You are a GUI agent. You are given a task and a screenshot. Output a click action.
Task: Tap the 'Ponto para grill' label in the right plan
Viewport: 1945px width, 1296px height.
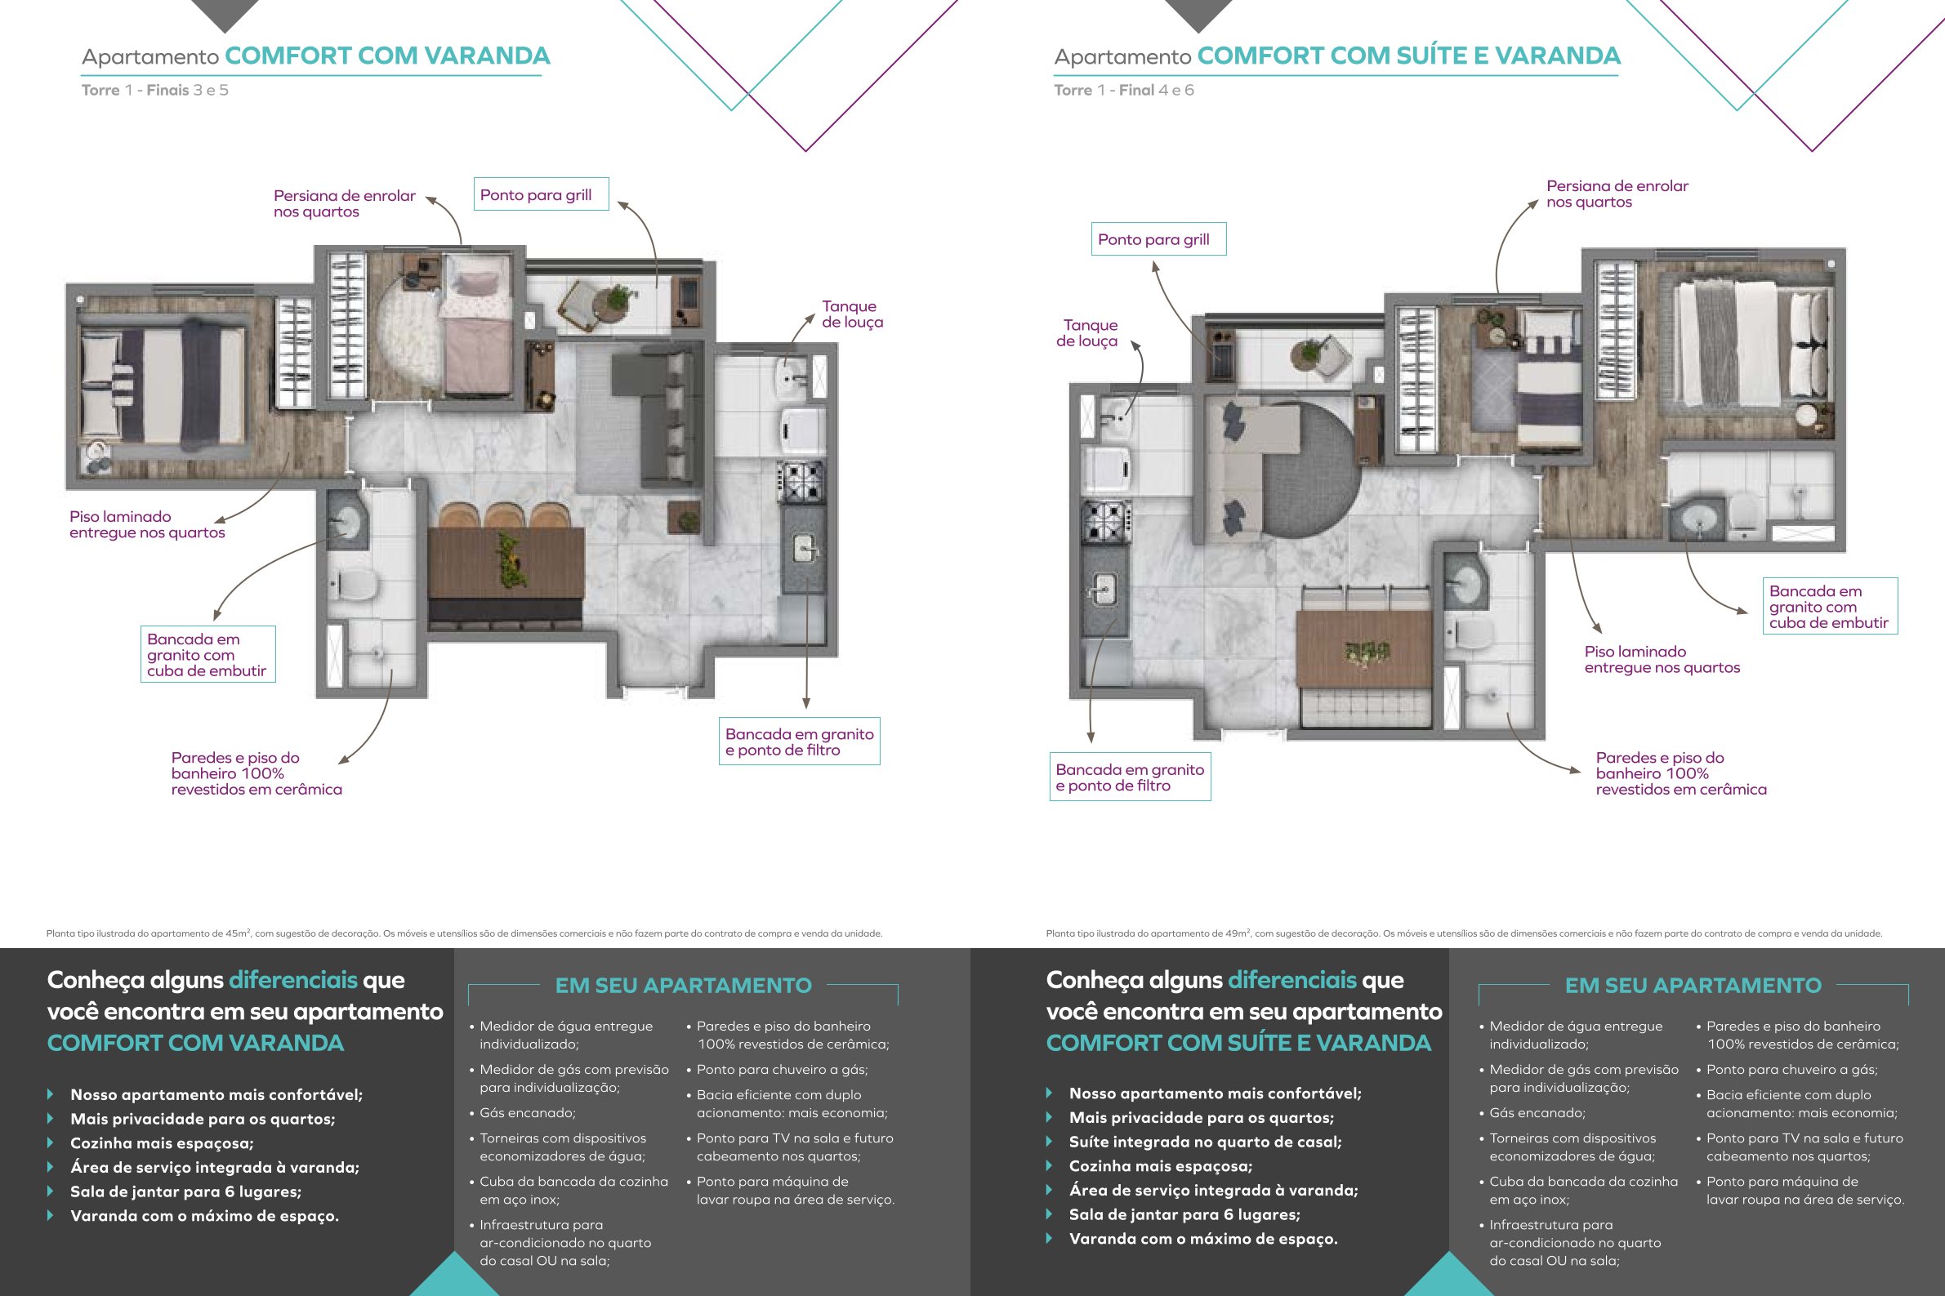pyautogui.click(x=1158, y=239)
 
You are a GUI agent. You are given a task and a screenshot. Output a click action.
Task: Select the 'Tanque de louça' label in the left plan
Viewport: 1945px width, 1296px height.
pyautogui.click(x=852, y=314)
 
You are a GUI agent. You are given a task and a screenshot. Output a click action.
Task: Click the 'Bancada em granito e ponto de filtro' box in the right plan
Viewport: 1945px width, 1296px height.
pyautogui.click(x=1130, y=777)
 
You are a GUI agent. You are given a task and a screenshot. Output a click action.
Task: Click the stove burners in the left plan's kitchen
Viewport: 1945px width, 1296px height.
pyautogui.click(x=802, y=482)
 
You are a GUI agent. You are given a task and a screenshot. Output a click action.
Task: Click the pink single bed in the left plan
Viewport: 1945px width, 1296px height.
pyautogui.click(x=477, y=325)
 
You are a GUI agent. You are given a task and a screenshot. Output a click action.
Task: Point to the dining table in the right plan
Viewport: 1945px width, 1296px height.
pyautogui.click(x=1364, y=649)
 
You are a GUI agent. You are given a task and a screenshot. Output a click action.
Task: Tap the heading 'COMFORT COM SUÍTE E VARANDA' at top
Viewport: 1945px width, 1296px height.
pyautogui.click(x=1408, y=56)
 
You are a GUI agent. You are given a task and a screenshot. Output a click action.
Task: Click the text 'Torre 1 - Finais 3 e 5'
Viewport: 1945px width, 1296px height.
pyautogui.click(x=154, y=90)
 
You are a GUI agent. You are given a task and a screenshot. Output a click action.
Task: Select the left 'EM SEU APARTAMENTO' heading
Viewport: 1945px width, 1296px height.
pyautogui.click(x=683, y=985)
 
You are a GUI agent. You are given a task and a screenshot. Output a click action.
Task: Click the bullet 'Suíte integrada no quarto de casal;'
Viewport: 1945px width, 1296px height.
pyautogui.click(x=1205, y=1142)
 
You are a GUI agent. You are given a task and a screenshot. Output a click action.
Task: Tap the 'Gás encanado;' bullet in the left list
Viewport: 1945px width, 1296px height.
pyautogui.click(x=528, y=1112)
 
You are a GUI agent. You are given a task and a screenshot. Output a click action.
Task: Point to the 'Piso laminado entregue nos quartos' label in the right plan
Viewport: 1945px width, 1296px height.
pyautogui.click(x=1662, y=660)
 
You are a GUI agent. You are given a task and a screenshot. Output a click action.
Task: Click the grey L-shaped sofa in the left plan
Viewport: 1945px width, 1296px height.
pyautogui.click(x=659, y=413)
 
